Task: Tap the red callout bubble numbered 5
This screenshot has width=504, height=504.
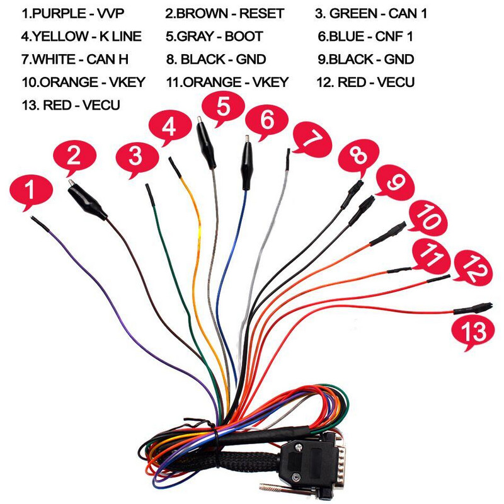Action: [x=222, y=108]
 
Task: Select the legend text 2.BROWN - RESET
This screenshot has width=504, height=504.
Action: [x=225, y=13]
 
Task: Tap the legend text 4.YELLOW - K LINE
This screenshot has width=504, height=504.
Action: [x=81, y=37]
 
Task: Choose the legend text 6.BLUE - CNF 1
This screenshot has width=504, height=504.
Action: [x=365, y=37]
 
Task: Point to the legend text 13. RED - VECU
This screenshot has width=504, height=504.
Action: [x=71, y=105]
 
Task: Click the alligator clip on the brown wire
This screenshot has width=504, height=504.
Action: [x=88, y=200]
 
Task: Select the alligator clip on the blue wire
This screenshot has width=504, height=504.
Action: [x=245, y=160]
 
